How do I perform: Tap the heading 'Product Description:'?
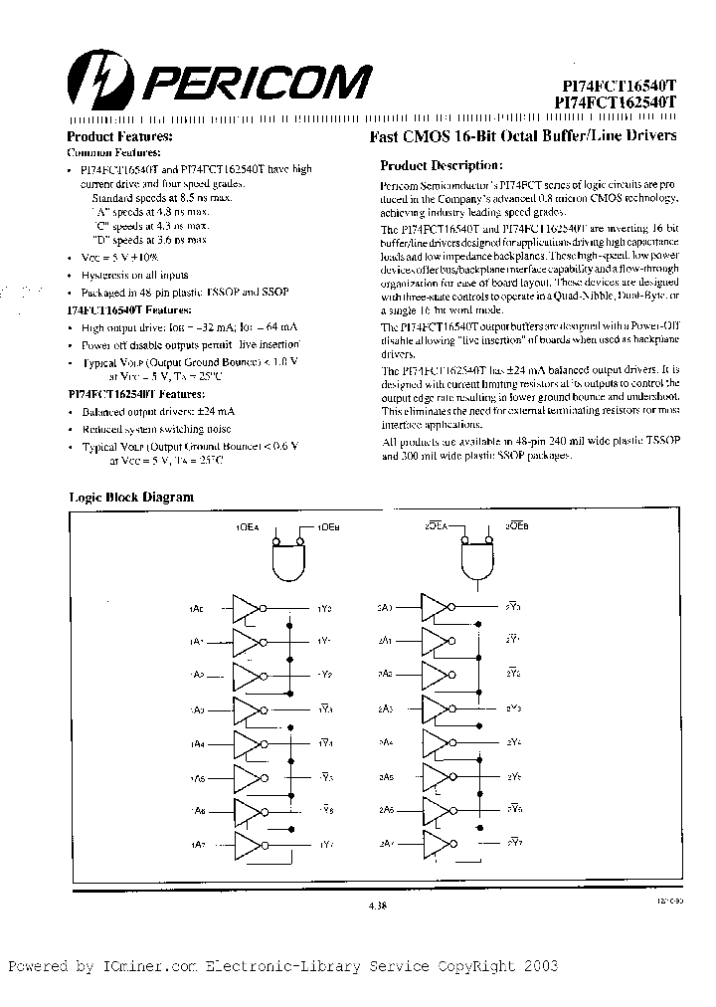pyautogui.click(x=442, y=166)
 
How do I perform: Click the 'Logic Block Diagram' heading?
pyautogui.click(x=130, y=498)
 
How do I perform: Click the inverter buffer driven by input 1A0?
pyautogui.click(x=249, y=607)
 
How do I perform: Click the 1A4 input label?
pyautogui.click(x=196, y=743)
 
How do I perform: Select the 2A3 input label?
pyautogui.click(x=385, y=708)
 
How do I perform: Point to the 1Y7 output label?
pyautogui.click(x=325, y=845)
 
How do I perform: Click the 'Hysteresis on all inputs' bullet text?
pyautogui.click(x=134, y=275)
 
